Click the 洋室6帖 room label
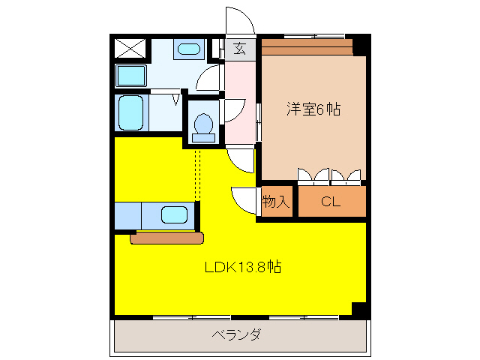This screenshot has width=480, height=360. coord(313,109)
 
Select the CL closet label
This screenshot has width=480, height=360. coord(331,201)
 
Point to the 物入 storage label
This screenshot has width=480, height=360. coord(275,201)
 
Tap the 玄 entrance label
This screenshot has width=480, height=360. coord(239,49)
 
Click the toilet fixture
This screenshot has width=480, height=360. coord(202,125)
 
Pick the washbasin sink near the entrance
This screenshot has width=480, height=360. coord(188,49)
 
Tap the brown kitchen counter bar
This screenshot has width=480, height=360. coord(166,238)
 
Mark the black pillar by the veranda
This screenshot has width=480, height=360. coord(358,308)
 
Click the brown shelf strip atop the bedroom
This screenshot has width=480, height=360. coord(307,47)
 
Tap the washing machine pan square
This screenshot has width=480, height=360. coord(131,75)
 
